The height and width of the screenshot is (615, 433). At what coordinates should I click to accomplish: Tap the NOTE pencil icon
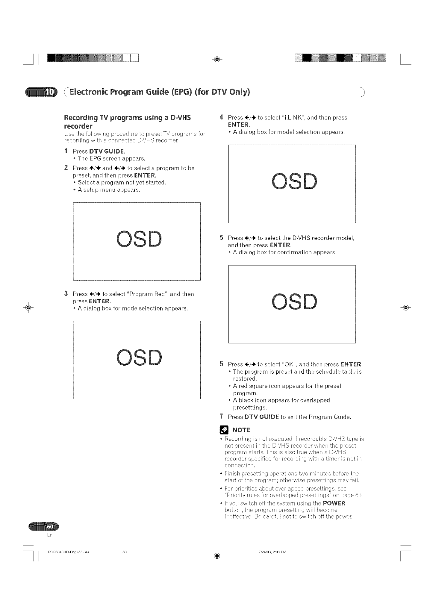pos(224,430)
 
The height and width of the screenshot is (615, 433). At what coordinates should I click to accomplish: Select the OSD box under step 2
pos(137,241)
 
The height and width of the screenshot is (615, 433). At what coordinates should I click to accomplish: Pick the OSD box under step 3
pos(137,360)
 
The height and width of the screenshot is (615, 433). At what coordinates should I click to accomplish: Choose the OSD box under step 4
pos(292,184)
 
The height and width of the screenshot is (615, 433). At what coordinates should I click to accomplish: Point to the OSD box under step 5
pos(292,304)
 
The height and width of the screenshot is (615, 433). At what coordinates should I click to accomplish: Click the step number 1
pos(66,151)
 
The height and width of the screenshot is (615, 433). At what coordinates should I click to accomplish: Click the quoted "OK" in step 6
pos(289,364)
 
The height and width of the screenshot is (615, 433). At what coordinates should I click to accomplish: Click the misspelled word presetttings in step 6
pos(250,408)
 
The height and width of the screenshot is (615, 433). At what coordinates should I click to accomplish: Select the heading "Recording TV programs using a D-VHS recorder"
pos(128,121)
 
